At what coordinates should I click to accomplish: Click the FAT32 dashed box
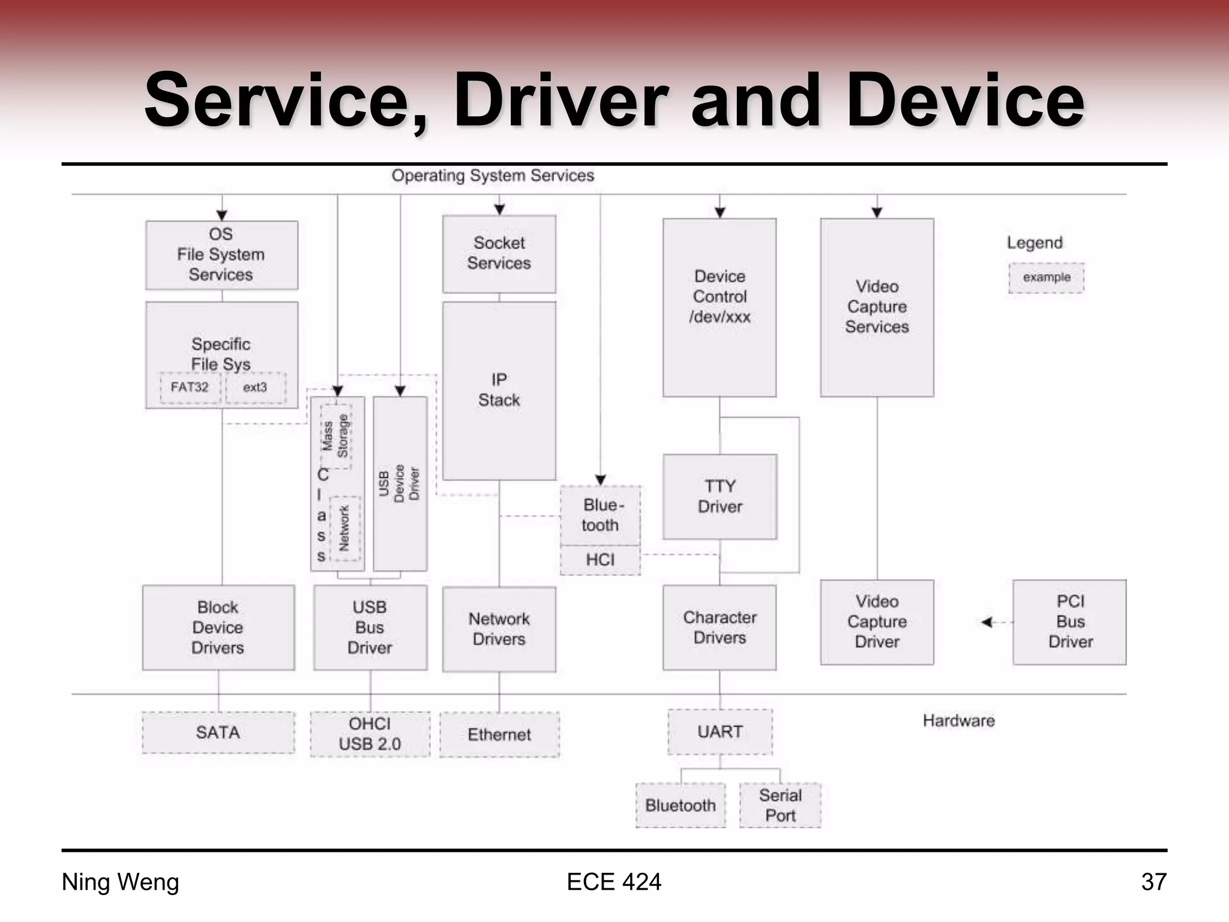point(190,388)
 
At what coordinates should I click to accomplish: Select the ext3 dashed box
point(256,388)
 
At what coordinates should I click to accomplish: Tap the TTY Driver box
point(720,496)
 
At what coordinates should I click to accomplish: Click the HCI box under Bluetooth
point(600,560)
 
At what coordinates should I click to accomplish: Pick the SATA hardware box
point(218,732)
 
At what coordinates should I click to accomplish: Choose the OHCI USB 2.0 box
point(370,734)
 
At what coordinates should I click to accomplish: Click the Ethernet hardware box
point(499,735)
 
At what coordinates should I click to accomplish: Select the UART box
point(720,732)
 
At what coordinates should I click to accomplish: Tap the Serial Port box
point(780,806)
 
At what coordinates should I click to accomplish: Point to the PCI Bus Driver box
point(1069,622)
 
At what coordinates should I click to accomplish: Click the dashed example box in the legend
point(1046,278)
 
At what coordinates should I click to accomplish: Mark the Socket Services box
point(499,254)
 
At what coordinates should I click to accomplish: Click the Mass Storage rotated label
point(335,436)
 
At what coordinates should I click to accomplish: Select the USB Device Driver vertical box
point(400,483)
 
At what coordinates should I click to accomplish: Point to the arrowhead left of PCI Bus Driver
point(987,622)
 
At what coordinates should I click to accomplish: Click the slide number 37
point(1153,882)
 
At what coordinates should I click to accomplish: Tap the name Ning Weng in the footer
point(120,882)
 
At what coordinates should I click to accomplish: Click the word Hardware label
point(958,721)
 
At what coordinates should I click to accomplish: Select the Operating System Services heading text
point(492,176)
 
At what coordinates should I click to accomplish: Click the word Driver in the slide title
point(561,101)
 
